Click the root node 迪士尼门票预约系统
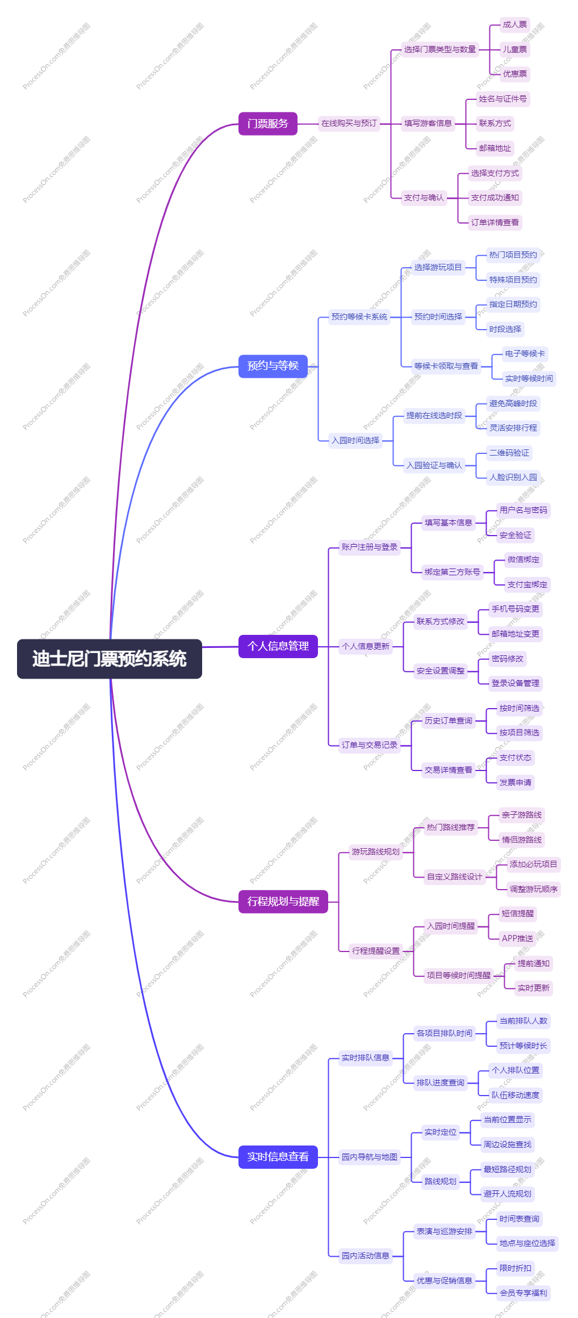click(109, 659)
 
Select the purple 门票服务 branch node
click(267, 124)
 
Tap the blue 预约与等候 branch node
click(273, 366)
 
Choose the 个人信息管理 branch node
click(278, 646)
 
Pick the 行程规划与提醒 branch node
click(283, 902)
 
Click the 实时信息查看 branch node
click(278, 1157)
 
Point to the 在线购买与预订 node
click(349, 123)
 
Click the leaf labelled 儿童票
click(514, 49)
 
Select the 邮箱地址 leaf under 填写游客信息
click(495, 148)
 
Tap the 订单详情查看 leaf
click(495, 222)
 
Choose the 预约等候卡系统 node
click(359, 317)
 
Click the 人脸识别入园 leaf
click(513, 477)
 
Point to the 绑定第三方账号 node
click(452, 572)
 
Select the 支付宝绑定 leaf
click(527, 584)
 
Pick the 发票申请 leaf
click(515, 782)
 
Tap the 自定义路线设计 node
click(454, 877)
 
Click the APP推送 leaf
click(517, 938)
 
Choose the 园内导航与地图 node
click(369, 1157)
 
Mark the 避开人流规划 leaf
click(507, 1194)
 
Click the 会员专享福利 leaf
click(523, 1293)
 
